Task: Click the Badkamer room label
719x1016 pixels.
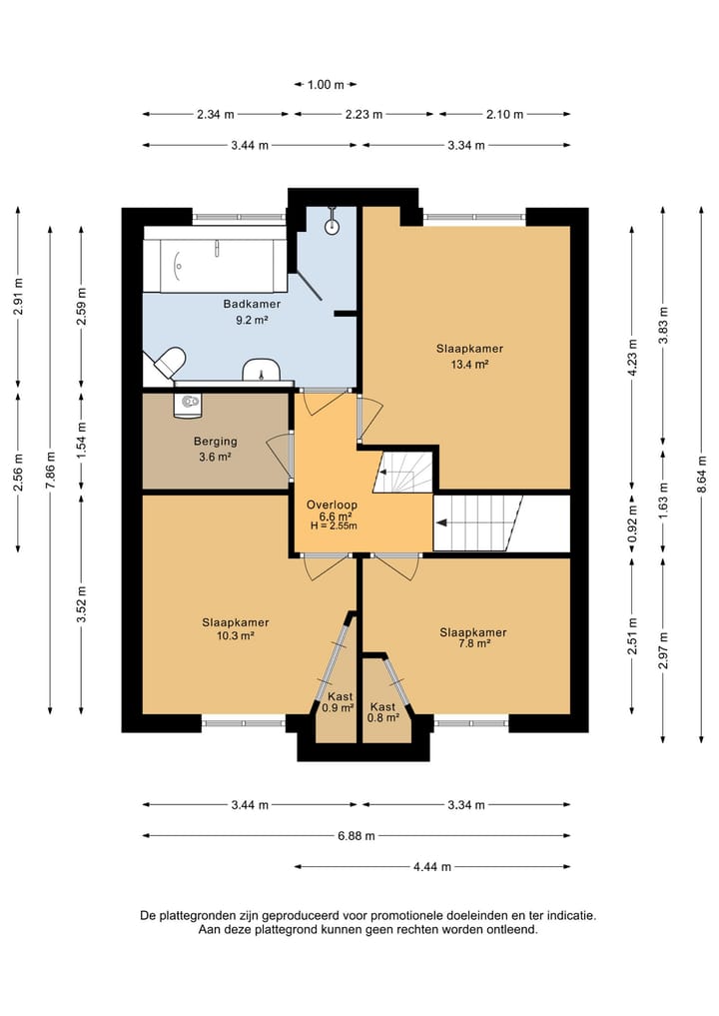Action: click(x=252, y=304)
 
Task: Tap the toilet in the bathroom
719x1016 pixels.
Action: click(x=166, y=363)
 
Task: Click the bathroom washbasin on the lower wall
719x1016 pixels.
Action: click(x=261, y=370)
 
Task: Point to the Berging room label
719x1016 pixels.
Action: click(x=216, y=442)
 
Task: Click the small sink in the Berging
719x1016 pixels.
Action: click(x=188, y=405)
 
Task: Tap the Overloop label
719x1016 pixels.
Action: click(x=332, y=505)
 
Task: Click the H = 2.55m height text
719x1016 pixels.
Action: click(x=334, y=526)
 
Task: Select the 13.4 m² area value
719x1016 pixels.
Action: click(x=469, y=365)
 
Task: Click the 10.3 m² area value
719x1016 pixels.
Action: click(x=235, y=636)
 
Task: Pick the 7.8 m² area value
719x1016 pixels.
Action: click(x=473, y=643)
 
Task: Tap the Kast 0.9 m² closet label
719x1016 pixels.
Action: click(x=339, y=702)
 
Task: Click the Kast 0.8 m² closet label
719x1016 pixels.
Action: click(x=382, y=712)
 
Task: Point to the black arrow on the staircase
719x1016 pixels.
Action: click(x=441, y=523)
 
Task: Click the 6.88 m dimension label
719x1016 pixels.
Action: click(x=357, y=836)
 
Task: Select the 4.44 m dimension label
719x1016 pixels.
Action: click(x=432, y=867)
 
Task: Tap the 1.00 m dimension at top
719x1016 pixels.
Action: click(x=326, y=84)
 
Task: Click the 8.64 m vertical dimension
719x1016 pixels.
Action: click(x=701, y=475)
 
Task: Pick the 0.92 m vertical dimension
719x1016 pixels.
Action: click(x=633, y=523)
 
